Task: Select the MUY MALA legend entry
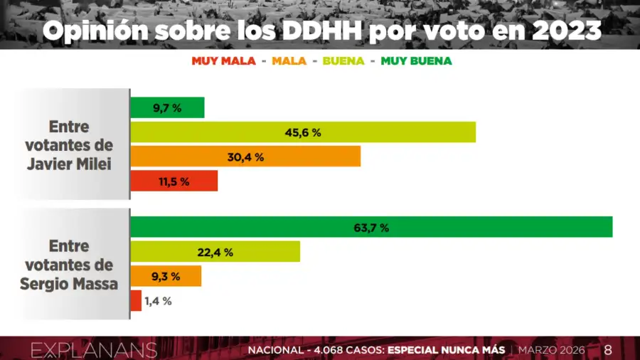pos(223,61)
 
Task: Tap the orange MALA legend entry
pos(289,61)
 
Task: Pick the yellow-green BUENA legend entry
pos(343,61)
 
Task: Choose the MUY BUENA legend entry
pos(416,61)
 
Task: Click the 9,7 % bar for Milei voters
pos(167,108)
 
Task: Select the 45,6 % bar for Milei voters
pos(303,132)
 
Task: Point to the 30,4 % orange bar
pos(245,157)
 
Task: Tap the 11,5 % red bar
pos(174,181)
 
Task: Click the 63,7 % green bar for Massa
pos(371,228)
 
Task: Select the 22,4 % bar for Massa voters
pos(215,252)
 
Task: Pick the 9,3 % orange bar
pos(166,276)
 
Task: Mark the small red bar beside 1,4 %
pos(136,300)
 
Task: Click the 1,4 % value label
pos(158,301)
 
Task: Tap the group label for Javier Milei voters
pos(69,144)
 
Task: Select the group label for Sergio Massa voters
pos(69,264)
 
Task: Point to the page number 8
pos(607,350)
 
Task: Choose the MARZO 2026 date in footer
pos(551,350)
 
